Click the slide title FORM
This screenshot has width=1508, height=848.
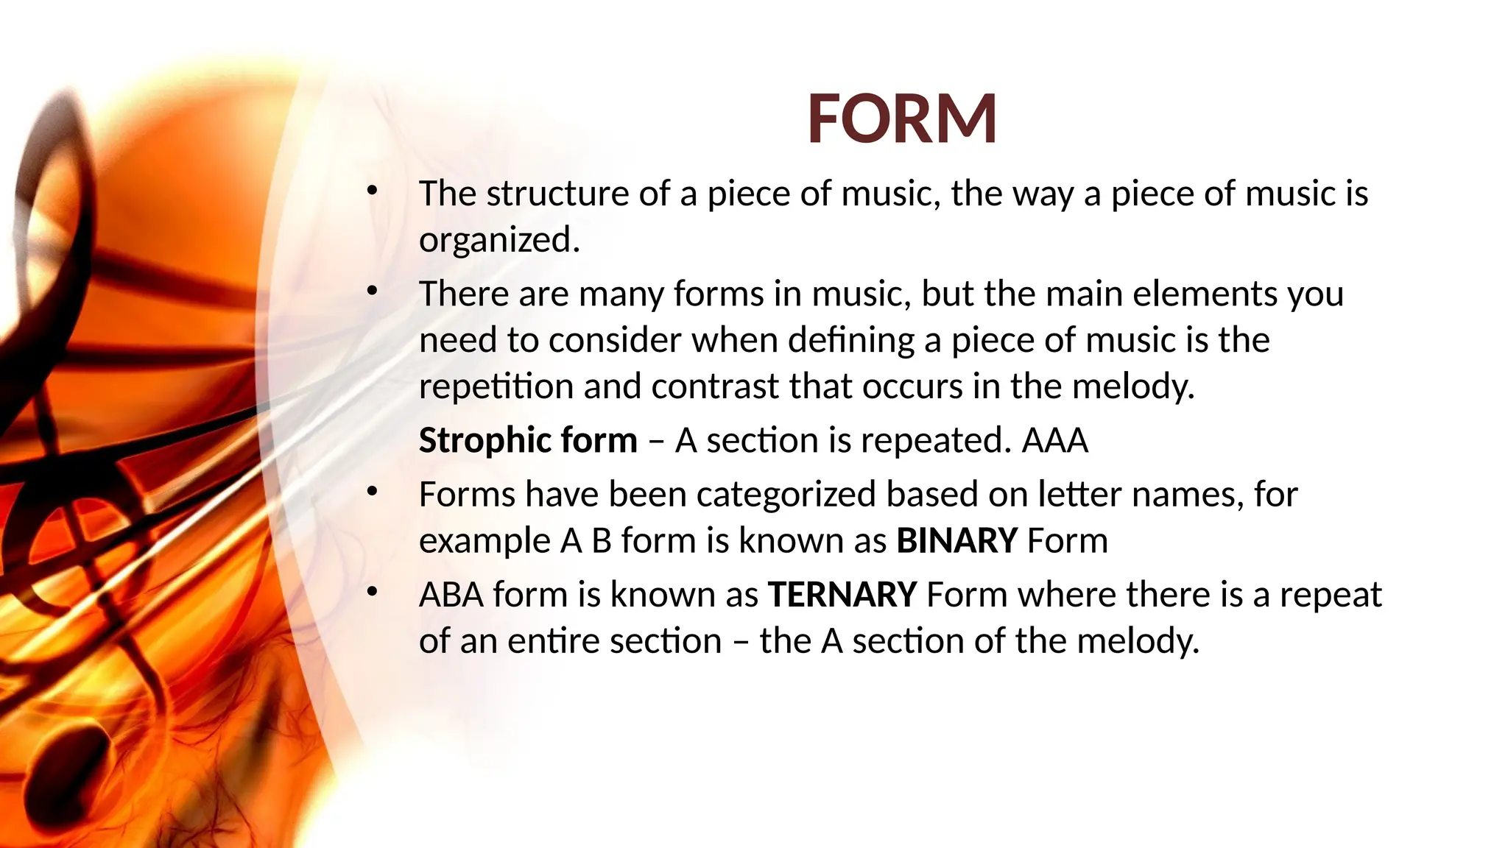pyautogui.click(x=902, y=119)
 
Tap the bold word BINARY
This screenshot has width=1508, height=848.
pyautogui.click(x=956, y=541)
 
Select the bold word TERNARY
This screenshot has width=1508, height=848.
pyautogui.click(x=842, y=595)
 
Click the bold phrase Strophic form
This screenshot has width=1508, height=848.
pyautogui.click(x=528, y=441)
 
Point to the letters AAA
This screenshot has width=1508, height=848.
pyautogui.click(x=1054, y=441)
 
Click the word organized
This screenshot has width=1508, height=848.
pyautogui.click(x=499, y=241)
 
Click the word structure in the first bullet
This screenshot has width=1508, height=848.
pyautogui.click(x=557, y=194)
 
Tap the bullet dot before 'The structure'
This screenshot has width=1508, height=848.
pyautogui.click(x=373, y=191)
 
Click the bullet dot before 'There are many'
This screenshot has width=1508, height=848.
pyautogui.click(x=373, y=291)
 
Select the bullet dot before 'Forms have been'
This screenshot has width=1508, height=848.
pyautogui.click(x=373, y=491)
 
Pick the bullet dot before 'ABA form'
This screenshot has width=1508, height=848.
pyautogui.click(x=373, y=591)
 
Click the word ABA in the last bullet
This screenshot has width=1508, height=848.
pyautogui.click(x=451, y=595)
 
